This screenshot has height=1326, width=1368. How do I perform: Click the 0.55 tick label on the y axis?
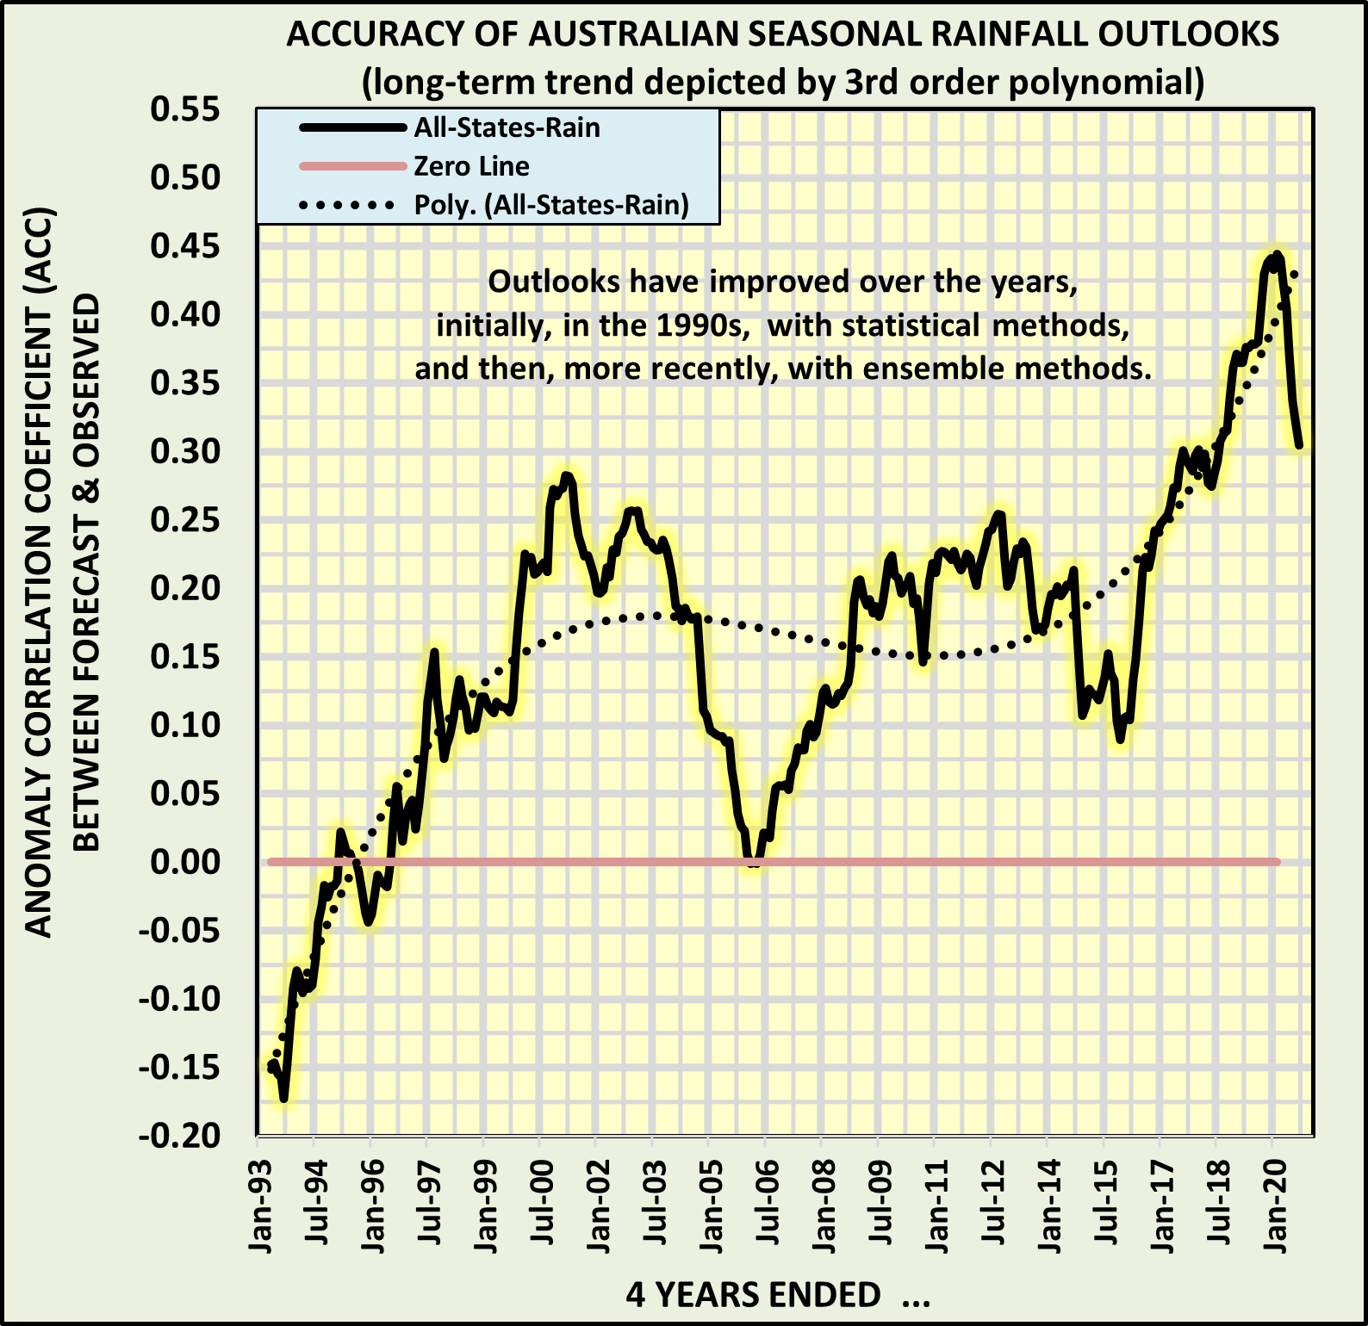tap(185, 109)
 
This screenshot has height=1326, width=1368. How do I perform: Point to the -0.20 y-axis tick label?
tap(180, 1136)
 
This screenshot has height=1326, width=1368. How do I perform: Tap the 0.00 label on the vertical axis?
tap(185, 861)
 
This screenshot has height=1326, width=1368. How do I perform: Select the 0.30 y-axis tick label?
tap(185, 450)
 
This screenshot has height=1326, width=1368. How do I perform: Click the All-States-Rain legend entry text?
tap(507, 127)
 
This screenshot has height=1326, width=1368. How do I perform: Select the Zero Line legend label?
tap(471, 166)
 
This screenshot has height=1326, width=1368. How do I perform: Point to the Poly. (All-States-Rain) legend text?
tap(551, 205)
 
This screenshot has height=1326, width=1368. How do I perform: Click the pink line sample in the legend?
tap(352, 166)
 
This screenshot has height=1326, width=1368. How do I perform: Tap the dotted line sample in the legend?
tap(349, 205)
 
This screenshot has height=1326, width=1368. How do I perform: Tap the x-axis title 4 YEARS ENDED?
tap(753, 1294)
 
